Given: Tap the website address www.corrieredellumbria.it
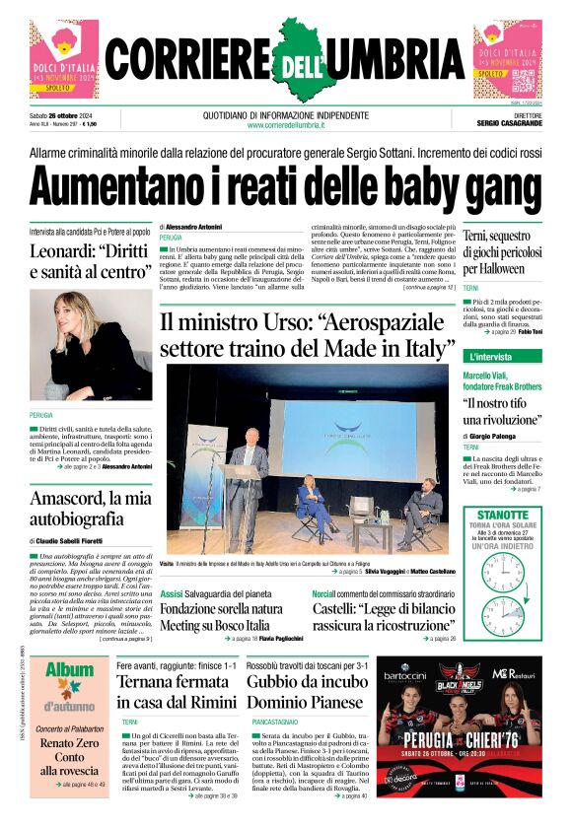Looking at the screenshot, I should click(x=285, y=124).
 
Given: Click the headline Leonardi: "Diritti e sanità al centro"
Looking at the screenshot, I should click(x=90, y=260).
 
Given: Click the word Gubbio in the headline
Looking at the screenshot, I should click(x=279, y=682).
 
